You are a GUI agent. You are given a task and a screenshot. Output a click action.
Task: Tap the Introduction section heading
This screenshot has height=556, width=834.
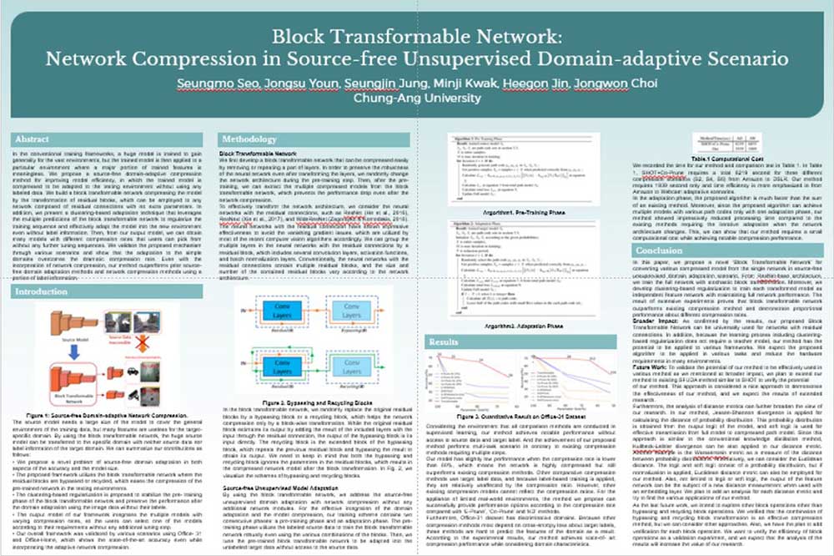pos(42,292)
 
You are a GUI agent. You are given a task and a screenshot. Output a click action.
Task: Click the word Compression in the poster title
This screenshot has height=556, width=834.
pos(183,60)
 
